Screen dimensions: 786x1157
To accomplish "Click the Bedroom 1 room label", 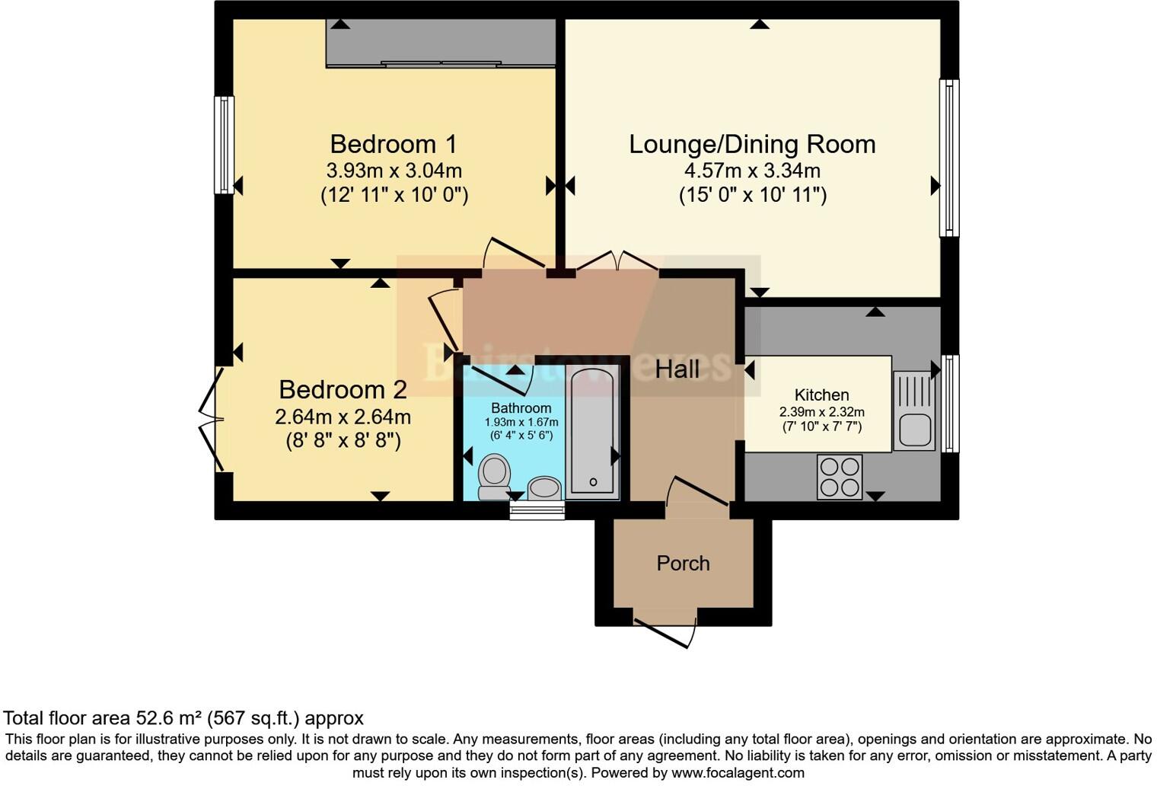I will click(x=394, y=144).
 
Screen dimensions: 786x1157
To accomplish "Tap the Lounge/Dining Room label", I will click(x=752, y=144).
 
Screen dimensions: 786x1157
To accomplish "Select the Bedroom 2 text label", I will click(x=343, y=389).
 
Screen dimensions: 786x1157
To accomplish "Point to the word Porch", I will click(x=683, y=564).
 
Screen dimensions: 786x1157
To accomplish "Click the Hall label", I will click(x=677, y=369).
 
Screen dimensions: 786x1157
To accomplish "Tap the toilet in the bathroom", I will click(x=494, y=476).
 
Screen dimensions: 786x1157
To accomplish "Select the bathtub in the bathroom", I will click(x=593, y=430).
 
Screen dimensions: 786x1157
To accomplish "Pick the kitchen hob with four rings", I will click(x=840, y=477).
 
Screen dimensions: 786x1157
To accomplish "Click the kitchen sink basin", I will click(x=914, y=430).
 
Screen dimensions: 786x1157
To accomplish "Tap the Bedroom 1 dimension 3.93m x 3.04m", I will click(x=394, y=171).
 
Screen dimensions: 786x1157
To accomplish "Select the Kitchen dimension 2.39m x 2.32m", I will click(x=821, y=412).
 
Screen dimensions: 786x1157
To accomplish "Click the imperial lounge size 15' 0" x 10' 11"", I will click(x=752, y=195).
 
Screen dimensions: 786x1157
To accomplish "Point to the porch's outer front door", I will click(x=665, y=631).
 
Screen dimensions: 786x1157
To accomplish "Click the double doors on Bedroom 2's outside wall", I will click(x=211, y=420).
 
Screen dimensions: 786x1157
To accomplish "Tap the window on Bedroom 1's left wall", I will click(x=224, y=145).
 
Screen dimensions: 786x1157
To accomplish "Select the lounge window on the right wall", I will click(x=949, y=158).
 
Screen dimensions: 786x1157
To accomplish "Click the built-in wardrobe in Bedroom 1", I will click(x=441, y=43).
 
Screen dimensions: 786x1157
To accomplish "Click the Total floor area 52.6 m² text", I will click(x=183, y=717).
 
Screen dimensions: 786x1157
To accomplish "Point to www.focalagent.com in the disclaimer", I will click(x=736, y=773).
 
